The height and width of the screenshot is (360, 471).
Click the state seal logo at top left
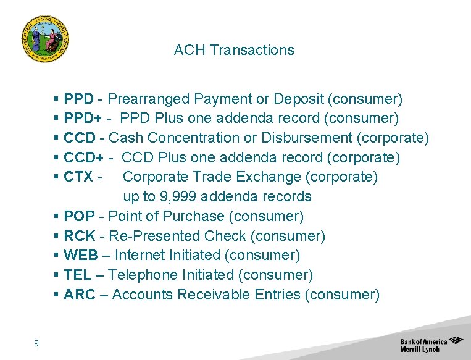coord(44,39)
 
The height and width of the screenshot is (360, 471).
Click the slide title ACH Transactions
coord(234,50)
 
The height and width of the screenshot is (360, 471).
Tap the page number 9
coord(36,343)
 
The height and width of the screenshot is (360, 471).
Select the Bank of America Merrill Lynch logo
coord(431,345)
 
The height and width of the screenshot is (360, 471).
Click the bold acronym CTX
coord(78,177)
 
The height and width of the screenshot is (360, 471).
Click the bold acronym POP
coord(78,217)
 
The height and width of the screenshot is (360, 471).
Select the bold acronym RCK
coord(78,237)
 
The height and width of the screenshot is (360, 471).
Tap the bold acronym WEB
coord(80,256)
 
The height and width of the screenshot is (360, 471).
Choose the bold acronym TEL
coord(77,275)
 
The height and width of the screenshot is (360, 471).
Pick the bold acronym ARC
coord(79,295)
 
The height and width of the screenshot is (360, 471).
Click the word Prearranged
coord(149,99)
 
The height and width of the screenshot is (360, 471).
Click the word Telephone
coord(145,275)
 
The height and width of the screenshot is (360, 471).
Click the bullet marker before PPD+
coord(57,119)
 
